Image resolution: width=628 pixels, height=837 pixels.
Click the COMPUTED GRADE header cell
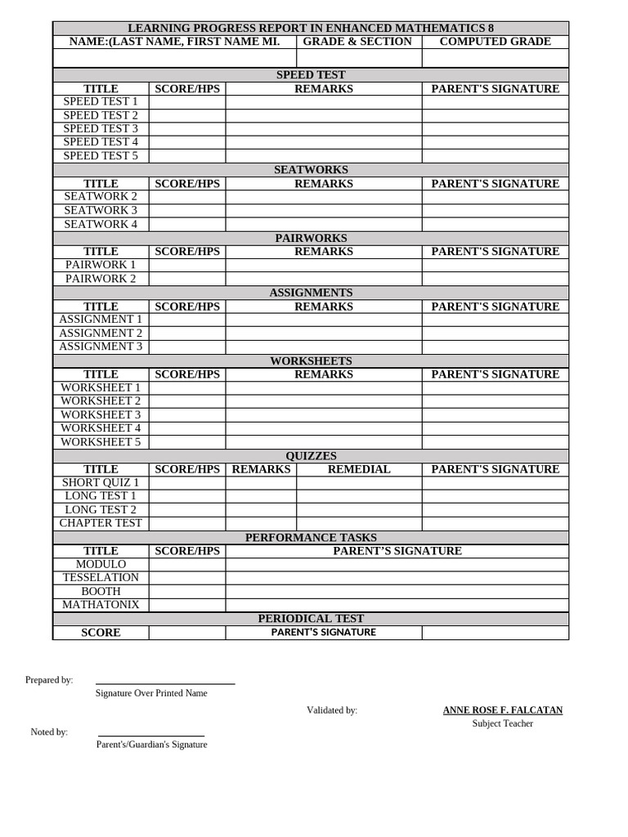point(495,42)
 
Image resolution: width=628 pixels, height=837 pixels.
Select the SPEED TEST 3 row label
point(101,128)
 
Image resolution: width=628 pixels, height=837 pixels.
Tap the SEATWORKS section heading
point(311,170)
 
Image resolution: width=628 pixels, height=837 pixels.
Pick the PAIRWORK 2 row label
point(101,279)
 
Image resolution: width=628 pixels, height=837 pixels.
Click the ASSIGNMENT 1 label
point(101,320)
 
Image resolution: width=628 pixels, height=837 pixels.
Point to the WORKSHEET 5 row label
point(101,442)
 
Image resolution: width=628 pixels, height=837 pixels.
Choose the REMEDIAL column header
point(359,469)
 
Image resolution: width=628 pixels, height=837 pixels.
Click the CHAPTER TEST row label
point(101,523)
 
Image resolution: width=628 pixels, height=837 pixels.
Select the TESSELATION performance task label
point(101,578)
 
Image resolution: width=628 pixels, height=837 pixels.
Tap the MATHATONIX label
point(101,605)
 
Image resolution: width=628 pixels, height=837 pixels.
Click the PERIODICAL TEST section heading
point(311,619)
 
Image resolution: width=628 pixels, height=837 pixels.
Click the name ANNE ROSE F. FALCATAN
point(503,710)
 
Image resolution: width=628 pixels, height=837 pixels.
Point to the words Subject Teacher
point(503,723)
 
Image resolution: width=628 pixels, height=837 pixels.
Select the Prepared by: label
point(49,680)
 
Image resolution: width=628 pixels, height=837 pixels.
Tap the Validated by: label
point(332,710)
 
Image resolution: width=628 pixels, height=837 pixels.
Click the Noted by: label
point(49,732)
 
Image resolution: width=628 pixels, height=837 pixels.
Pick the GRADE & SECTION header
point(357,42)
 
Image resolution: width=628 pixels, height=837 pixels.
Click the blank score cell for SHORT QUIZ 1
point(187,483)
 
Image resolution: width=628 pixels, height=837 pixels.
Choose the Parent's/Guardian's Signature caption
point(151,745)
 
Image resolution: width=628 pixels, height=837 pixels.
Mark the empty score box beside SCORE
point(187,633)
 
